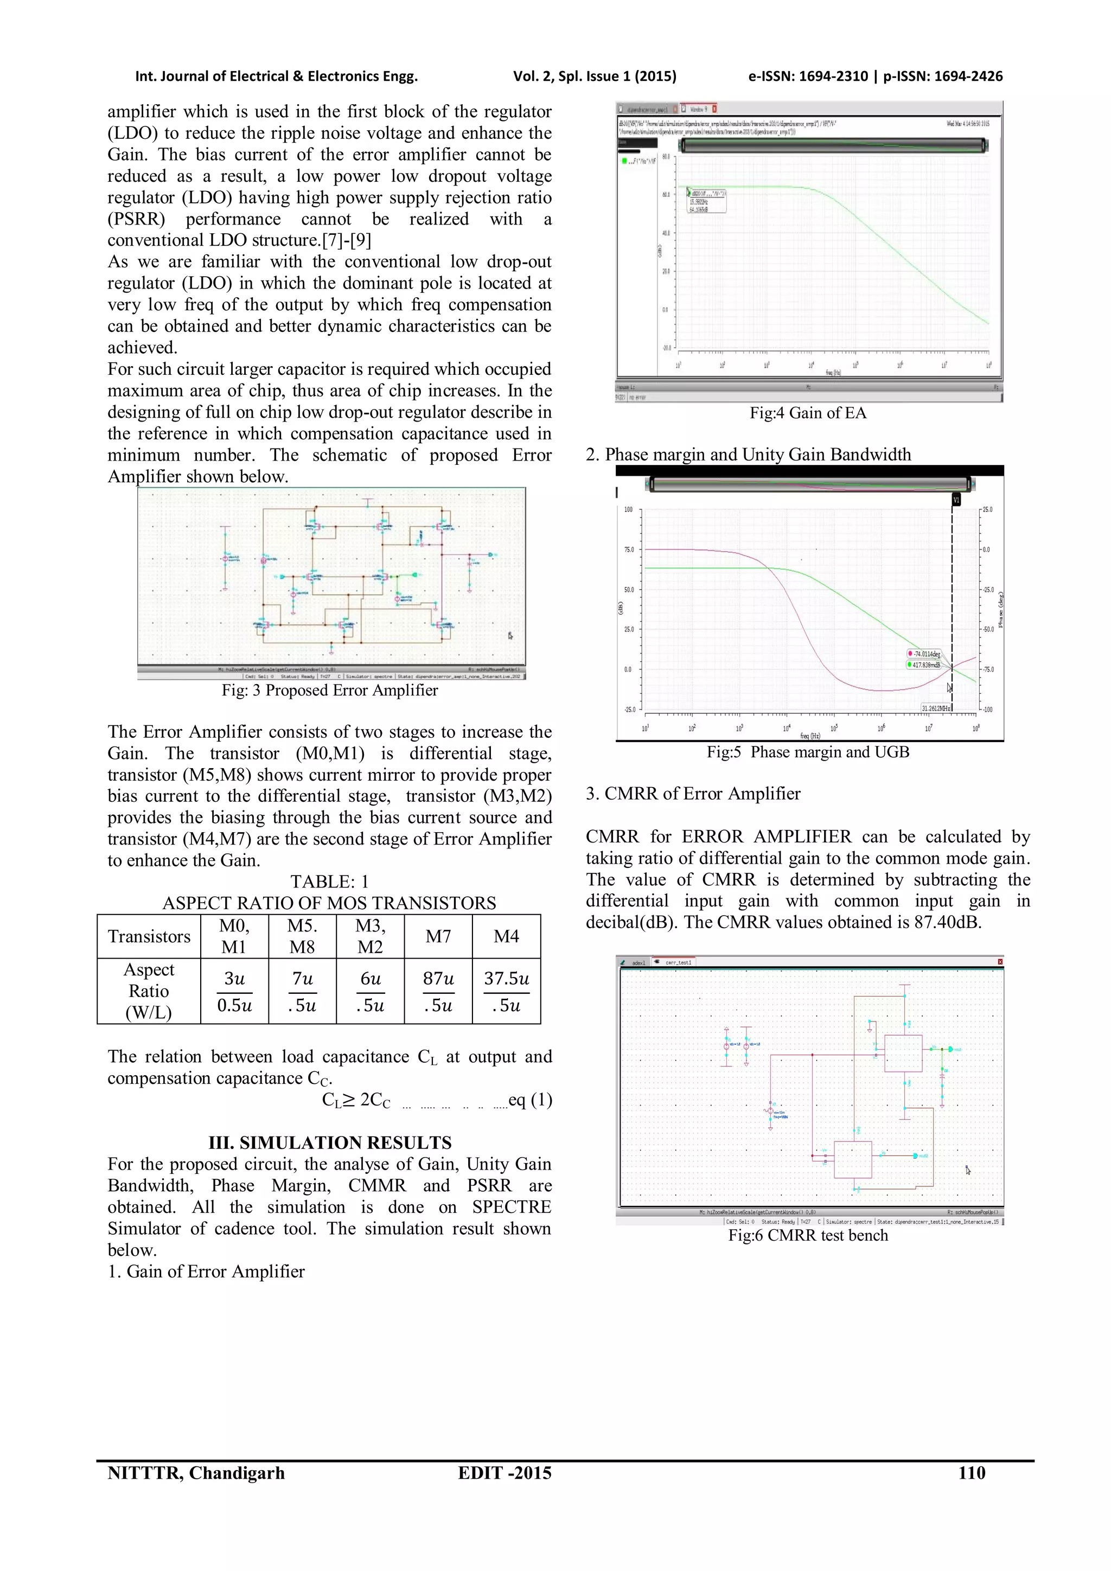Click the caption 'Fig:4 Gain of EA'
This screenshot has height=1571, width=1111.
pyautogui.click(x=807, y=413)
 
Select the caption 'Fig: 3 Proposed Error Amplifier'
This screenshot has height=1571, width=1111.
pyautogui.click(x=330, y=691)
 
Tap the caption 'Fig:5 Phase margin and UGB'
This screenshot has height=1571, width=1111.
pyautogui.click(x=807, y=752)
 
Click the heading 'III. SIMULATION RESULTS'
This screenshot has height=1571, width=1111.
pyautogui.click(x=330, y=1142)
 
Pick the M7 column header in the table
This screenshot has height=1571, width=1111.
pyautogui.click(x=438, y=936)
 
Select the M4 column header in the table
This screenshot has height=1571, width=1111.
pyautogui.click(x=506, y=936)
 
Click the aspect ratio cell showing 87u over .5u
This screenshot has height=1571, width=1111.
pyautogui.click(x=438, y=992)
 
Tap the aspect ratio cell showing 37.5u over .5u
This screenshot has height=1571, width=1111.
pyautogui.click(x=506, y=992)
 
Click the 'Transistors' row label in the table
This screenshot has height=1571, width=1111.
pyautogui.click(x=149, y=936)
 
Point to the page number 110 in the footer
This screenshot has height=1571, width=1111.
pyautogui.click(x=972, y=1473)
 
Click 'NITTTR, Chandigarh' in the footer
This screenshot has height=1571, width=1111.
pyautogui.click(x=196, y=1473)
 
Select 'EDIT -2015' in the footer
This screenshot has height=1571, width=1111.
pyautogui.click(x=504, y=1473)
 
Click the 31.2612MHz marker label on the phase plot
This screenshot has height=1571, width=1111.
pyautogui.click(x=935, y=708)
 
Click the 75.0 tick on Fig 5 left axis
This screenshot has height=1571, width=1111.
pyautogui.click(x=629, y=550)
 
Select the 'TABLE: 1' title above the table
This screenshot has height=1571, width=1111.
pyautogui.click(x=329, y=882)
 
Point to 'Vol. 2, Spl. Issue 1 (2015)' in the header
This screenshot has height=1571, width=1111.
pyautogui.click(x=595, y=76)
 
